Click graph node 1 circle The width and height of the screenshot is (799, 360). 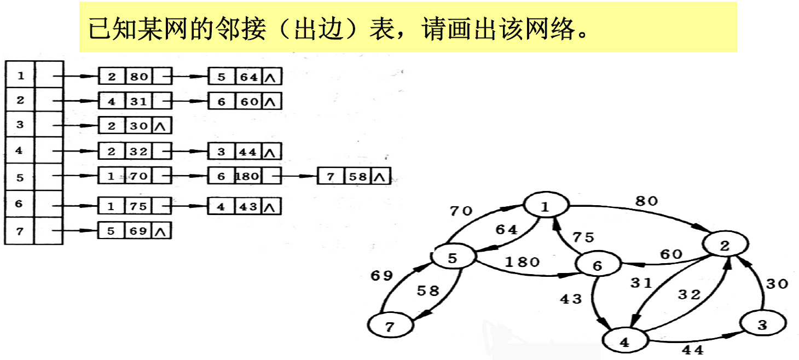(x=545, y=206)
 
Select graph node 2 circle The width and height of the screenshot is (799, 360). (x=725, y=246)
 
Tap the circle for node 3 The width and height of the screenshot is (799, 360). (x=763, y=326)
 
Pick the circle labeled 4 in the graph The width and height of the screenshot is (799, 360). (x=624, y=342)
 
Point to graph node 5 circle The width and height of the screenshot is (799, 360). (x=453, y=258)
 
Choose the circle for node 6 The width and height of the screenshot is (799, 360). (x=597, y=265)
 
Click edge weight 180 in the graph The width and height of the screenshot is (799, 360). (x=522, y=262)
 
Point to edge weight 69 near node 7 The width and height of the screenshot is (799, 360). (x=381, y=275)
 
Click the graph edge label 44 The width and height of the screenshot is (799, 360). (x=692, y=349)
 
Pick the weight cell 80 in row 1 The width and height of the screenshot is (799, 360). (x=139, y=77)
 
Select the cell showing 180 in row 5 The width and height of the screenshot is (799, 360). (x=249, y=176)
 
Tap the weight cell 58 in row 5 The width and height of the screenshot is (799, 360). (x=358, y=176)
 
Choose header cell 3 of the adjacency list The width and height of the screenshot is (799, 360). (x=20, y=125)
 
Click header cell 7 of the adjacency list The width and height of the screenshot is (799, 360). (x=20, y=231)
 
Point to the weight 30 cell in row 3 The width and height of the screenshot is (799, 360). (x=139, y=126)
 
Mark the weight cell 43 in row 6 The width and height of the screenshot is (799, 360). (x=249, y=207)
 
